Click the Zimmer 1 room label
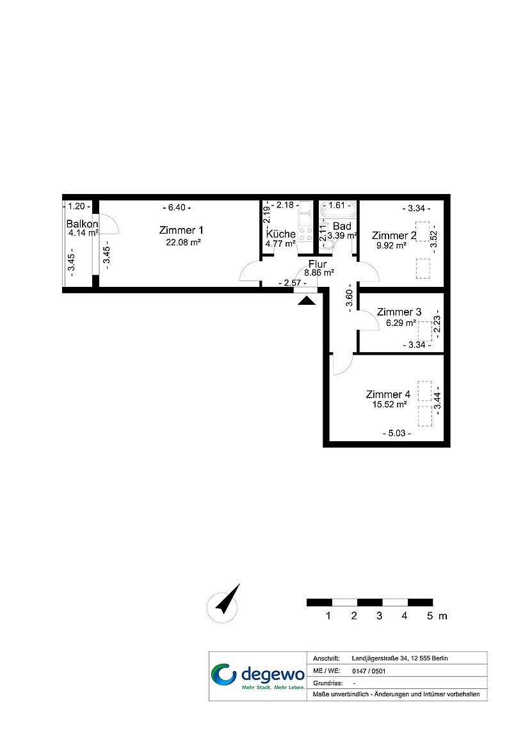tap(181, 230)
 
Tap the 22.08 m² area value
tap(183, 242)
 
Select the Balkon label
tap(82, 224)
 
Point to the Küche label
tap(280, 234)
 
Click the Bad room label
tap(342, 226)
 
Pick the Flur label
tap(318, 264)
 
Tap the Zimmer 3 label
tap(399, 312)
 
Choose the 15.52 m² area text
tap(389, 405)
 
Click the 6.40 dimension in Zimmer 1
tap(177, 207)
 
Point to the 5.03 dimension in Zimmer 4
tap(396, 433)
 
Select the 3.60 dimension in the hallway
tap(350, 298)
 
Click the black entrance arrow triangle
tap(307, 301)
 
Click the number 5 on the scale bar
tap(430, 616)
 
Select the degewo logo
tap(258, 676)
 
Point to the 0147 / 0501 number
tap(369, 671)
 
